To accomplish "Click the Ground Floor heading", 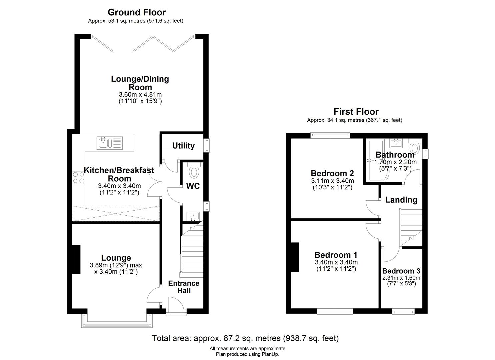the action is tap(137, 12).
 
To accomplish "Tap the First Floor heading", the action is tap(356, 112).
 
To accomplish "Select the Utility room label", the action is tap(183, 146).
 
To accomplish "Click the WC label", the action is tap(193, 186).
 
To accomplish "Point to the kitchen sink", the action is tap(110, 143).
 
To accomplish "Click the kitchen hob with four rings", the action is tap(78, 178).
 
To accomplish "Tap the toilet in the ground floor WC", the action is tap(194, 171).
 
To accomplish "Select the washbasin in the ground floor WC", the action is tap(193, 216).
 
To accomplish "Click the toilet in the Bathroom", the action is tap(415, 146).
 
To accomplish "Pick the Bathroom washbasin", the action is tap(396, 143).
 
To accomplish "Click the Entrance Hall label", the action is tap(184, 287).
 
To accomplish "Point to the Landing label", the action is tap(401, 200).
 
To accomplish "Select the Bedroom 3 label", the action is tap(401, 271).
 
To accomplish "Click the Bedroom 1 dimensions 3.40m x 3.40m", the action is tap(336, 262).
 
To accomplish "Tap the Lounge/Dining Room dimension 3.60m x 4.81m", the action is tap(140, 94).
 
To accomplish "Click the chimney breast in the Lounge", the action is tap(76, 259).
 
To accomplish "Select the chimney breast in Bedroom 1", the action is tap(295, 257).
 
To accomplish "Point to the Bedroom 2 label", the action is tap(332, 173).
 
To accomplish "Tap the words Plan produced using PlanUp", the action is tap(247, 354).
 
